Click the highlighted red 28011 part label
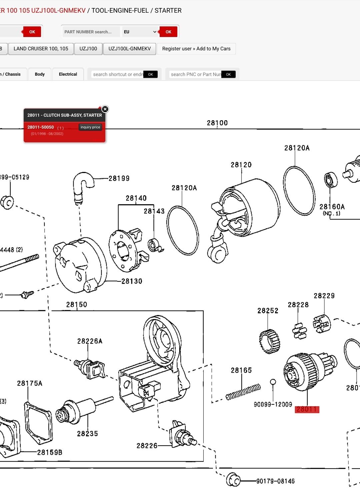[307, 409]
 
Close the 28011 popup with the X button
[105, 109]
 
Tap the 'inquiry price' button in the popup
[90, 127]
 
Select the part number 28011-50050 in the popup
[41, 127]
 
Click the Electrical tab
[68, 74]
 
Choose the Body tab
[40, 74]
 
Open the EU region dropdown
[140, 32]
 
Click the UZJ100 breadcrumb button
[88, 49]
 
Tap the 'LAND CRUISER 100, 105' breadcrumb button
[41, 49]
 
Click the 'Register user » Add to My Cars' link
[196, 49]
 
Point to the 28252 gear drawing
[269, 341]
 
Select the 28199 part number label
[119, 178]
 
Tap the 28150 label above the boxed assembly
[76, 305]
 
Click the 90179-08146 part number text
[275, 481]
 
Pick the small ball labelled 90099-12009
[273, 382]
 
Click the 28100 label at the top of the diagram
[217, 123]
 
